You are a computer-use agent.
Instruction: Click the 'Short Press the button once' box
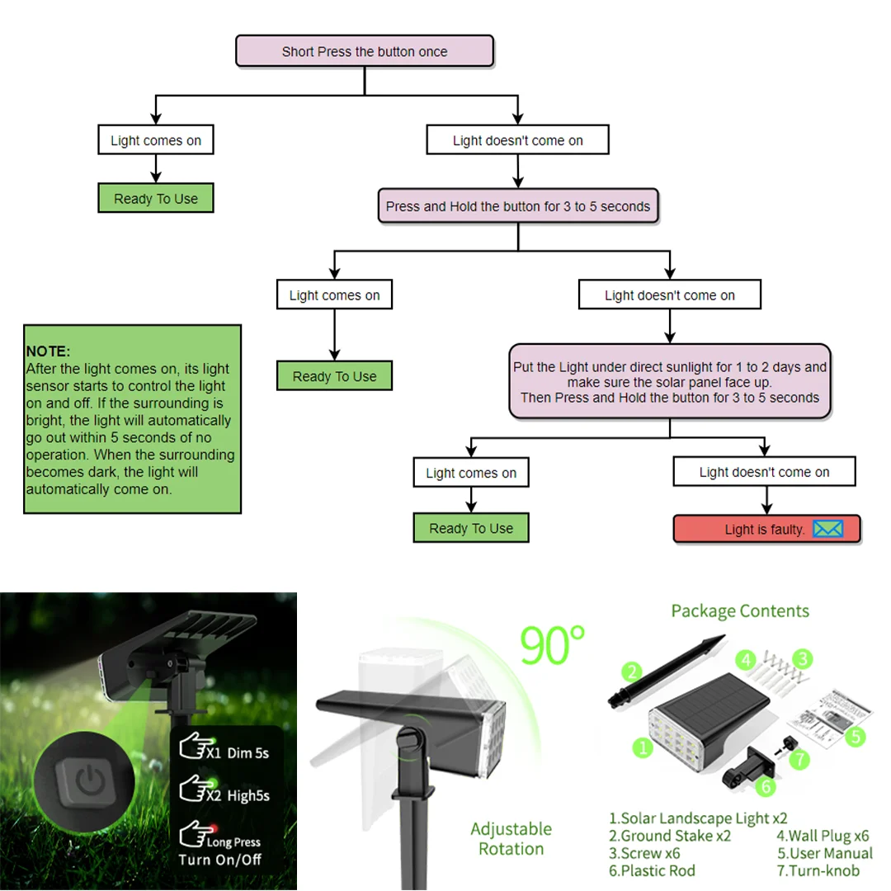[365, 51]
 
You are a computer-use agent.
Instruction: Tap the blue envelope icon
[827, 529]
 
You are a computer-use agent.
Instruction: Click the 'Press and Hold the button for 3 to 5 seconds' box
[518, 206]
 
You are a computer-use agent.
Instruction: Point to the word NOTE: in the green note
[48, 351]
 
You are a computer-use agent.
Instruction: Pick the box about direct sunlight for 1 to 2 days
[669, 381]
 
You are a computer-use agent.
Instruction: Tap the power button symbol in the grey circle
[86, 779]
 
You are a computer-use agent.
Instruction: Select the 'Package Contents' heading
[740, 611]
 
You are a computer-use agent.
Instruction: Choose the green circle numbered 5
[856, 736]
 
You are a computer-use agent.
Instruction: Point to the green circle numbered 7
[799, 758]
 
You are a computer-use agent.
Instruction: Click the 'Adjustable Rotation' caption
[511, 838]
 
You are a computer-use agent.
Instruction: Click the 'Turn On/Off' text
[219, 860]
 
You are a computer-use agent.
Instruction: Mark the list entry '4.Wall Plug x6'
[823, 836]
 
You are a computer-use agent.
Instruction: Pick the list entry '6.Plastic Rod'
[652, 870]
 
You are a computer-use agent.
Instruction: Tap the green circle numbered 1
[643, 747]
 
